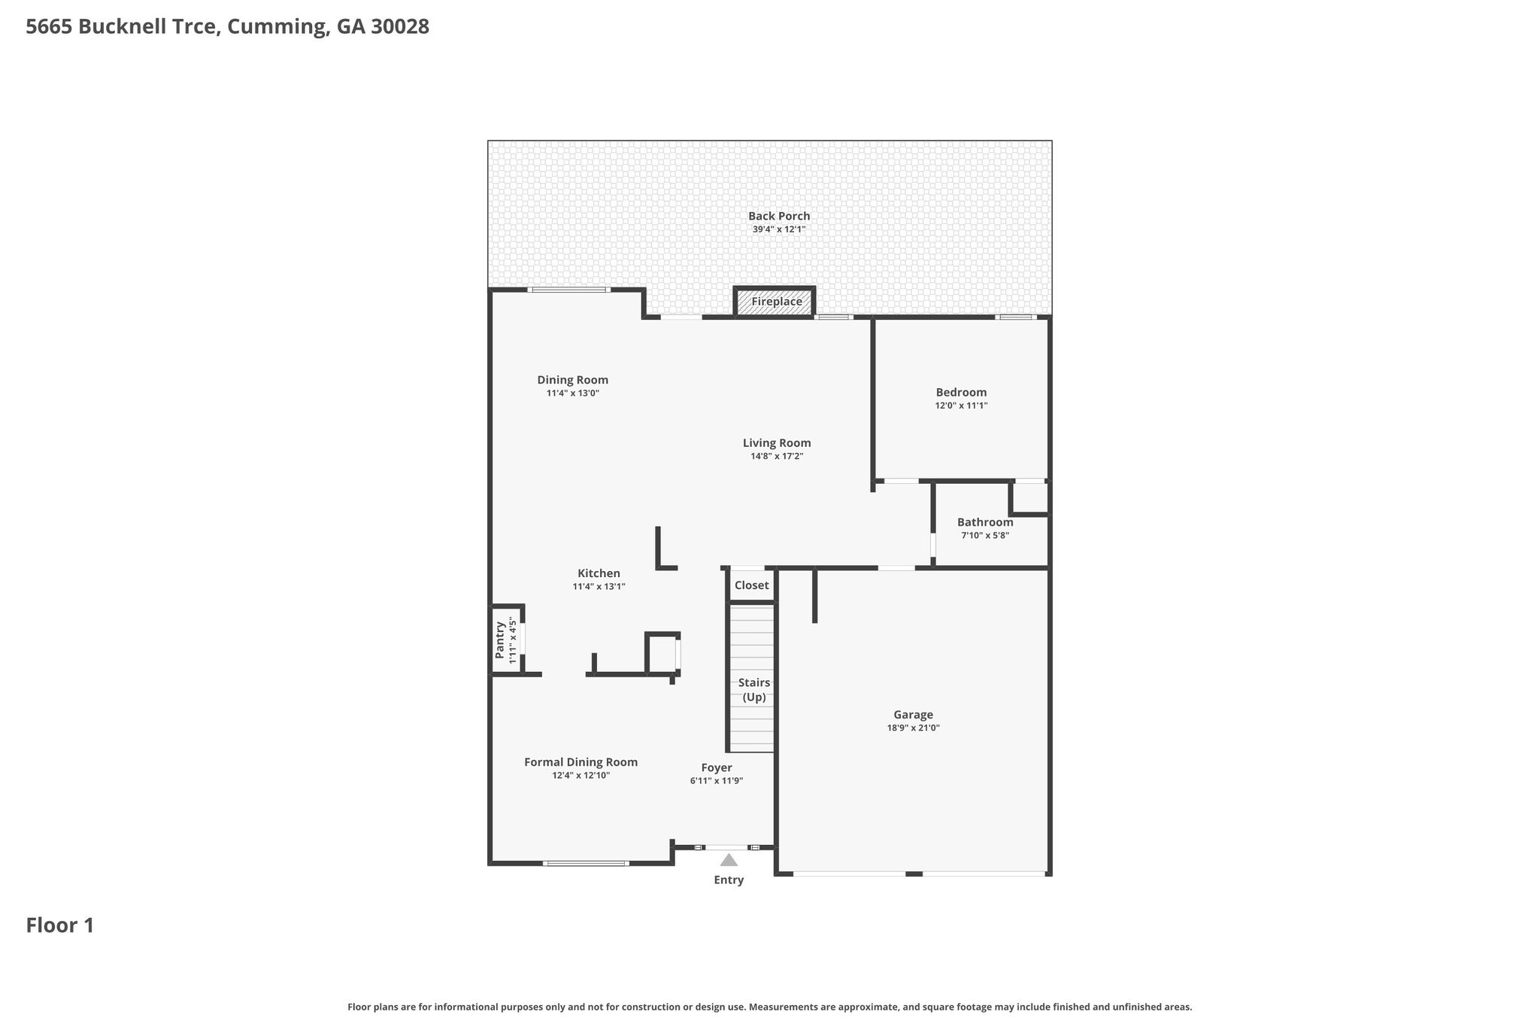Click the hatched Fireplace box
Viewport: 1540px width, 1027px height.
point(775,302)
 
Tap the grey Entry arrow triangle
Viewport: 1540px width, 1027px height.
point(729,860)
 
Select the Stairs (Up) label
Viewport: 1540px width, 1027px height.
point(754,690)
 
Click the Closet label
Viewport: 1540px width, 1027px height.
point(752,585)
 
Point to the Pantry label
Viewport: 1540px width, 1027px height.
point(500,640)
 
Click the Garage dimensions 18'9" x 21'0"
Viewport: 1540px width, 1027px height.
point(914,728)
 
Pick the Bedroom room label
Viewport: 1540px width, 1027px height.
point(961,393)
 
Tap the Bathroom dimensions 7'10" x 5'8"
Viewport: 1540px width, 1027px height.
point(985,536)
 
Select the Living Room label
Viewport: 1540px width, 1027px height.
point(777,443)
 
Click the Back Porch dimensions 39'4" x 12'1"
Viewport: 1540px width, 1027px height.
point(779,229)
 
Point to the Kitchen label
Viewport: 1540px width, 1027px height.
point(599,573)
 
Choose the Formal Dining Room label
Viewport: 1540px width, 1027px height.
point(581,762)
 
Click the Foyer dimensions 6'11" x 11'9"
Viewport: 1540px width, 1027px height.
point(717,781)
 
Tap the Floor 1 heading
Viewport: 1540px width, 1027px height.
point(60,925)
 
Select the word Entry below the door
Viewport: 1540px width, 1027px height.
point(729,880)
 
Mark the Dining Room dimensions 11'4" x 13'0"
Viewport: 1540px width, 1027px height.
point(572,393)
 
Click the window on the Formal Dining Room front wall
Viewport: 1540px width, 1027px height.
point(586,863)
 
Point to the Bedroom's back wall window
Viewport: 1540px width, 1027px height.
point(1015,317)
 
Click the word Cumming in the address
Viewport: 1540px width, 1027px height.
point(277,28)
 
